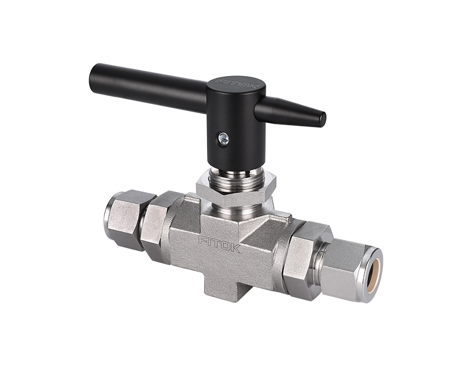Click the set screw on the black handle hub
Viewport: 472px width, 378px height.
click(x=224, y=139)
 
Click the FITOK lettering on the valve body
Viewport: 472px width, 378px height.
click(x=219, y=243)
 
